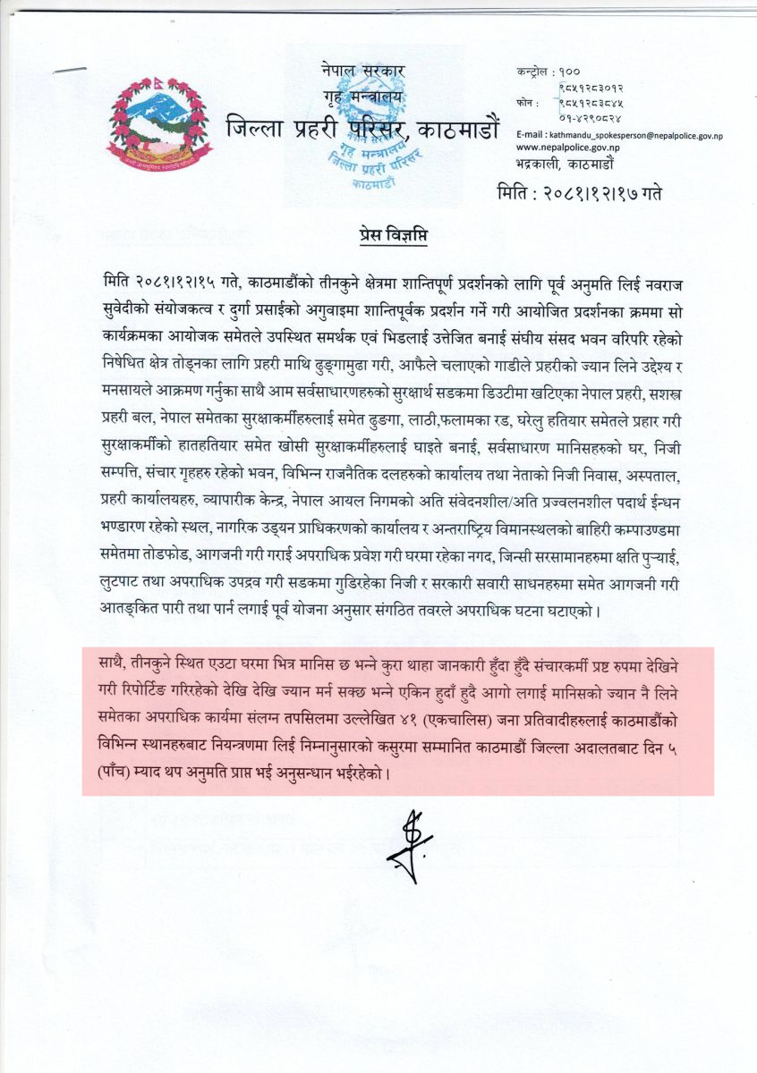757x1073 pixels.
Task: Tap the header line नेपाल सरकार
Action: [363, 69]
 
